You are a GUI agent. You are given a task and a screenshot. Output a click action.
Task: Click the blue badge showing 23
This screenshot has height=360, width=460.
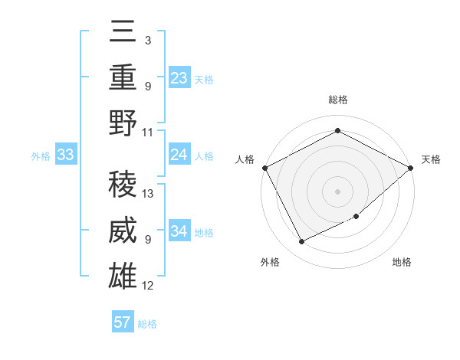[x=179, y=77]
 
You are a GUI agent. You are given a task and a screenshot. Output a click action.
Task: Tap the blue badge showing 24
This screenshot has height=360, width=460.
[x=179, y=155]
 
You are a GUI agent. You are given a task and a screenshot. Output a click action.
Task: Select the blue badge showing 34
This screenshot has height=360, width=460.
[x=179, y=231]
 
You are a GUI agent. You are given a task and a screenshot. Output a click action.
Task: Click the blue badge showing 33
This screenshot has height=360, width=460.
[x=66, y=155]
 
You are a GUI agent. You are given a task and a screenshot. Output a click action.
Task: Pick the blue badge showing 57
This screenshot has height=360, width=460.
[x=123, y=322]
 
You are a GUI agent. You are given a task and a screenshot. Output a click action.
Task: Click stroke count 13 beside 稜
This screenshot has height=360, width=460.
[x=149, y=194]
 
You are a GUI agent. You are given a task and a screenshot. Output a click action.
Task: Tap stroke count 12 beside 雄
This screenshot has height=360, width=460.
[x=149, y=286]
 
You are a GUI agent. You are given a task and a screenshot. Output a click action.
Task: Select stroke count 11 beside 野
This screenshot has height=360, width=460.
[x=148, y=131]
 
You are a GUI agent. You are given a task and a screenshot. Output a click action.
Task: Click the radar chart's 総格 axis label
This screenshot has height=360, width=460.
[x=337, y=100]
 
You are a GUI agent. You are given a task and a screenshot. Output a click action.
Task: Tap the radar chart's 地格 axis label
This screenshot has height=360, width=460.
[x=402, y=262]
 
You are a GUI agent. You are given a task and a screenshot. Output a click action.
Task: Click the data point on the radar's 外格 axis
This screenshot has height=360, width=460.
[x=302, y=242]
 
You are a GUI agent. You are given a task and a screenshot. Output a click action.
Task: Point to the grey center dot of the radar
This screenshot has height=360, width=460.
[x=337, y=191]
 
